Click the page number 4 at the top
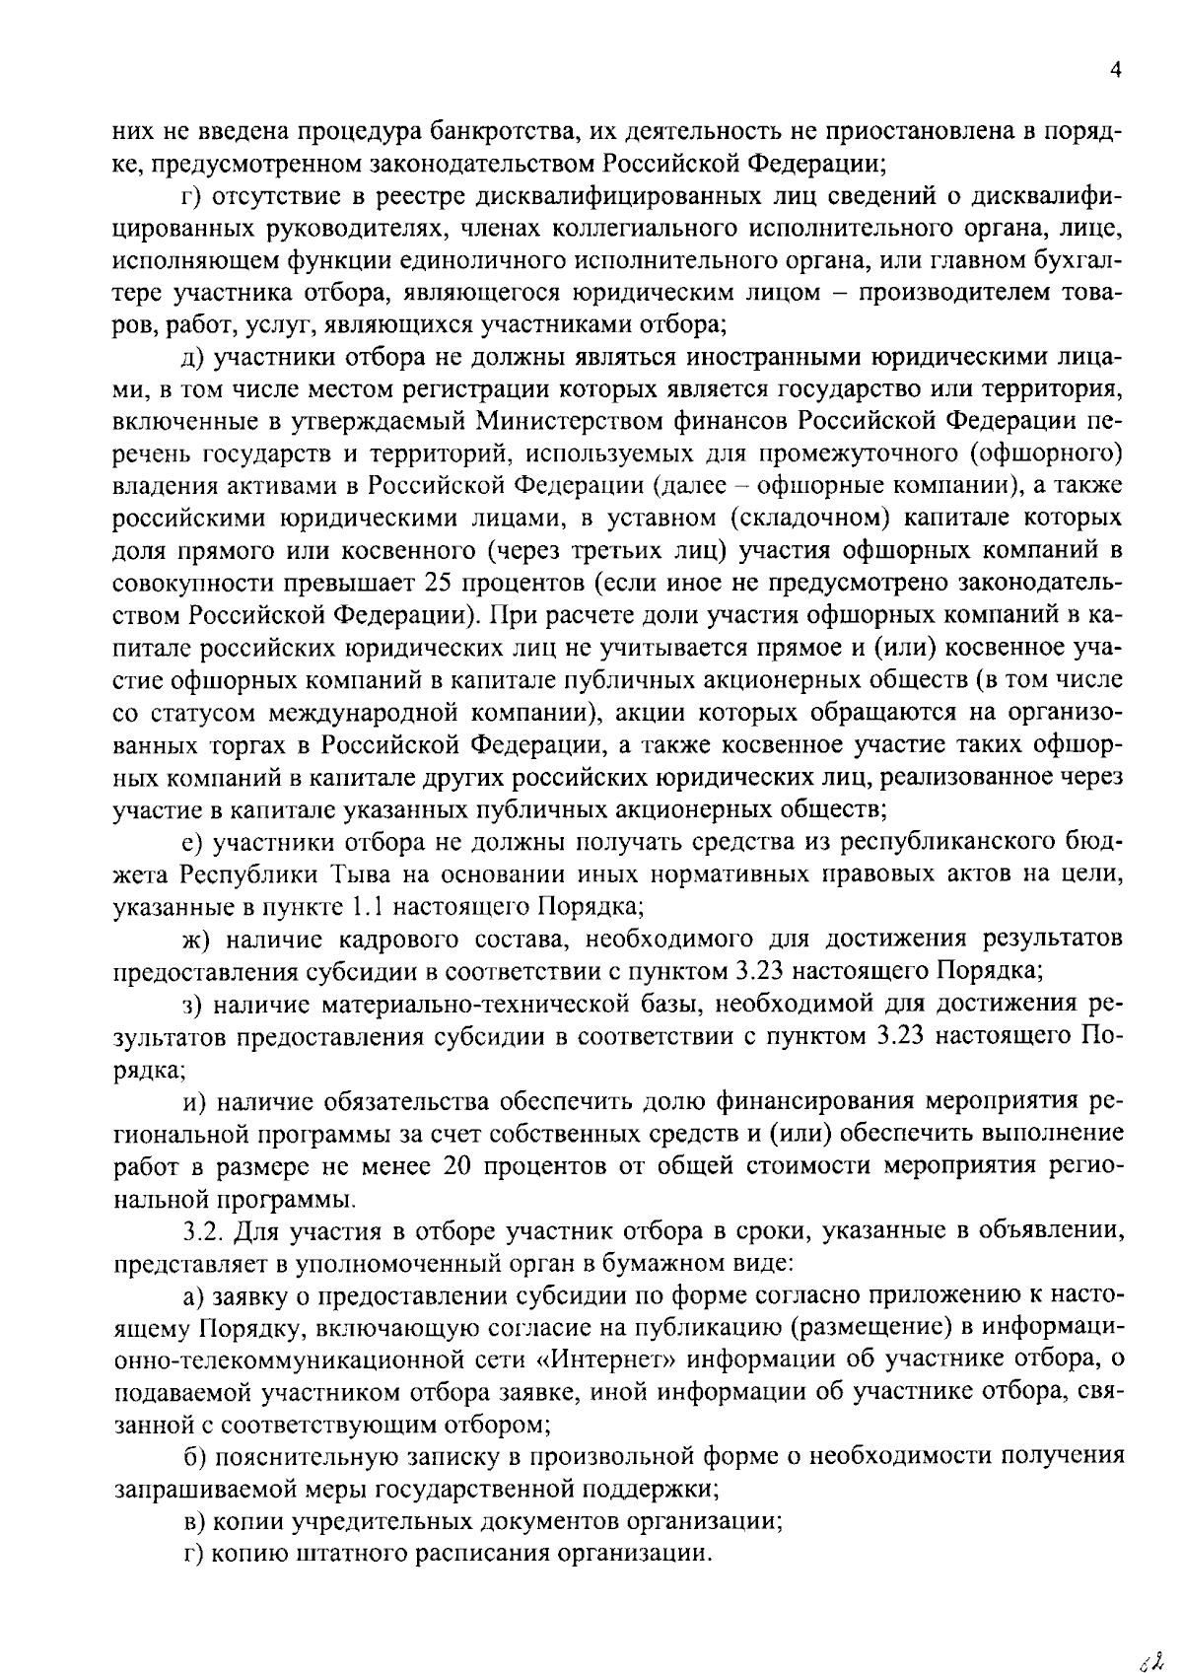pos(1116,70)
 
